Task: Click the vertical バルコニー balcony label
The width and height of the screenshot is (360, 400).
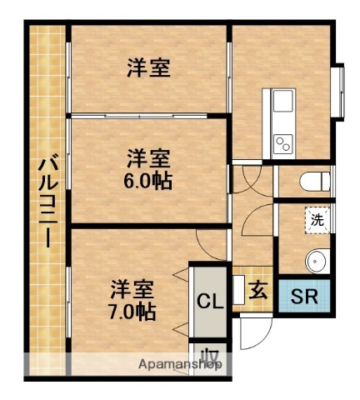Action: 47,200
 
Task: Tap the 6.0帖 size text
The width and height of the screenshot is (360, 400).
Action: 150,181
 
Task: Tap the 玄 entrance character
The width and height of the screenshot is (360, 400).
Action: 259,291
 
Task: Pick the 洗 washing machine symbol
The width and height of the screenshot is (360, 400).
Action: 317,220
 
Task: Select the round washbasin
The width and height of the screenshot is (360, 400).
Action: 317,260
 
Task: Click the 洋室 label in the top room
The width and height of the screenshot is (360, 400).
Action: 149,69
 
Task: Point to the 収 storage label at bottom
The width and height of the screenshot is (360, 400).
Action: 212,358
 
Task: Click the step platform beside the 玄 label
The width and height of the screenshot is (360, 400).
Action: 238,289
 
